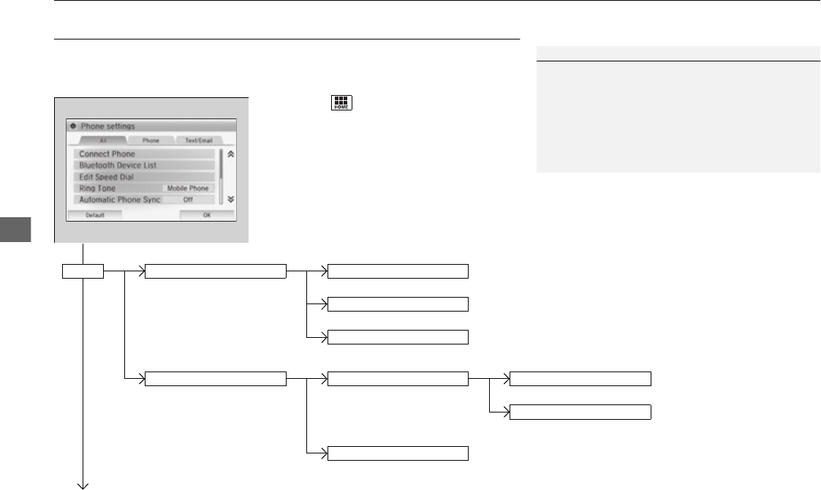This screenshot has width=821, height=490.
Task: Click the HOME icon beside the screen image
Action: click(x=341, y=103)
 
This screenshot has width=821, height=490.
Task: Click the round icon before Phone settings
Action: click(x=72, y=126)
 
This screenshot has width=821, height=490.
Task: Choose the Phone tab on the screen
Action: click(x=151, y=140)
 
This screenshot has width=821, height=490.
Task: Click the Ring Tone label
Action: click(x=98, y=188)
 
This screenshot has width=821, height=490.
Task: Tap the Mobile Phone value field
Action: click(x=188, y=188)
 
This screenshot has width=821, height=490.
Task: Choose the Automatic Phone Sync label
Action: click(x=118, y=199)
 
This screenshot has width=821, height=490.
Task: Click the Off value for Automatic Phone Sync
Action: click(x=188, y=199)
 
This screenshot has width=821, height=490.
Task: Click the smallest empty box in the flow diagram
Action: click(x=82, y=273)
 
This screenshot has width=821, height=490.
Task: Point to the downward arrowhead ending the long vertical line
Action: click(x=83, y=483)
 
